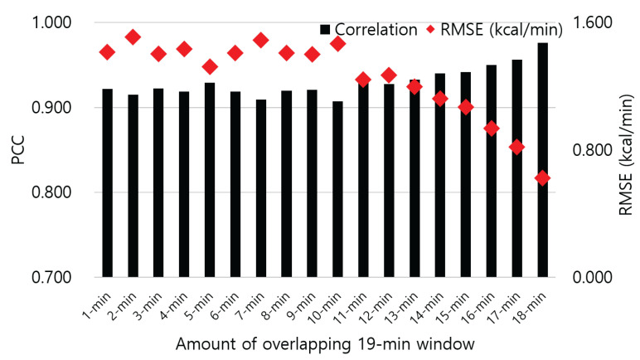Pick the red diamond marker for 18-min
(x=542, y=178)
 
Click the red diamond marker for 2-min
(x=133, y=36)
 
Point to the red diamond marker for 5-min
(x=210, y=66)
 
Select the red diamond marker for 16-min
(x=491, y=129)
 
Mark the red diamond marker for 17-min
(x=516, y=147)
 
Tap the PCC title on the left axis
(x=17, y=149)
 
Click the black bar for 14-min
(x=439, y=175)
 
